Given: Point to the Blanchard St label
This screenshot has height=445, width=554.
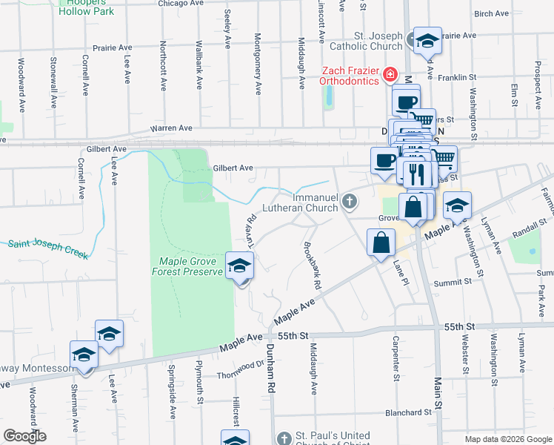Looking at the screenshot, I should [x=408, y=412].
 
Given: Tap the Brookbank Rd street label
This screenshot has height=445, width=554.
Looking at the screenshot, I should [x=313, y=266].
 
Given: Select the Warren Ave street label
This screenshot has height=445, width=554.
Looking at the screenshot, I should [x=171, y=128].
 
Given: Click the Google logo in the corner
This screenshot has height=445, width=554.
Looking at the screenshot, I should [x=24, y=435].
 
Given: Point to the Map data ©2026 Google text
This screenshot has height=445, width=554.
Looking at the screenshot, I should [x=507, y=439].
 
